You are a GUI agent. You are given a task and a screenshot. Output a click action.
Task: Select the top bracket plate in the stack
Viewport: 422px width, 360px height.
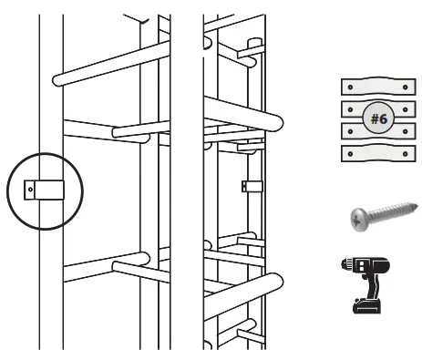[374, 87]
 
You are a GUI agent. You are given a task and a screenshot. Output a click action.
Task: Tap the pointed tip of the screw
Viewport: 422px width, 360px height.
[416, 206]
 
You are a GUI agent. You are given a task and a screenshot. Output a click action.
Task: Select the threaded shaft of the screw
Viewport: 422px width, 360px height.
[392, 211]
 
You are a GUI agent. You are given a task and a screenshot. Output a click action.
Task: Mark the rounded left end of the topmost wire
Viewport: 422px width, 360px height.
[58, 79]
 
